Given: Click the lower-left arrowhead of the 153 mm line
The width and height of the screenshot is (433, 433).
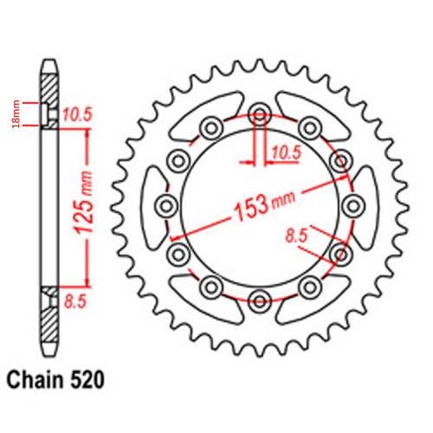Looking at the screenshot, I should click(175, 236).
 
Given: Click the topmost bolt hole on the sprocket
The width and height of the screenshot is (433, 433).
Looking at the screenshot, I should click(259, 112).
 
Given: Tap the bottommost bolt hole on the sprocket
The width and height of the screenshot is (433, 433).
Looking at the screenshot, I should click(259, 301).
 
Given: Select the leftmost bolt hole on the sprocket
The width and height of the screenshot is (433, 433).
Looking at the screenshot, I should click(165, 206).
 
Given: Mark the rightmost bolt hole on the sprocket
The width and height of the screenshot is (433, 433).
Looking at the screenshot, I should click(353, 206).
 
